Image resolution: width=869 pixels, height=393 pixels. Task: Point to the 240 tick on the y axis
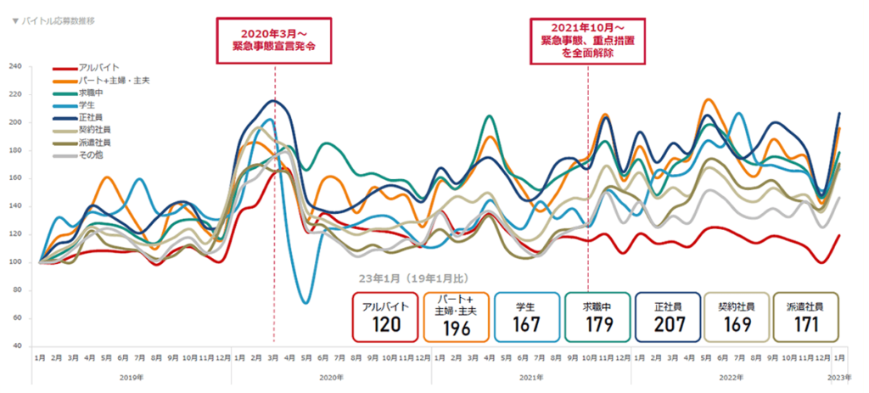click(x=15, y=66)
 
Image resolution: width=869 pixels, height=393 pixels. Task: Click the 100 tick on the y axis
click(x=15, y=262)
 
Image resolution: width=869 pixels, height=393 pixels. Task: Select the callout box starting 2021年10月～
click(x=588, y=40)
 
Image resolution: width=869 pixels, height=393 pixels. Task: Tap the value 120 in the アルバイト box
click(x=385, y=324)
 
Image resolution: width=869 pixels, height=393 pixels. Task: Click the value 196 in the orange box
click(x=455, y=326)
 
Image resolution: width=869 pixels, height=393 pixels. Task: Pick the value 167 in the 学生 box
click(x=526, y=324)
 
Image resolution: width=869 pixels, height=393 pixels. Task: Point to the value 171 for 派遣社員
click(x=806, y=324)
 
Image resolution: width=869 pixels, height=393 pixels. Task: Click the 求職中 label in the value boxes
click(x=596, y=305)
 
